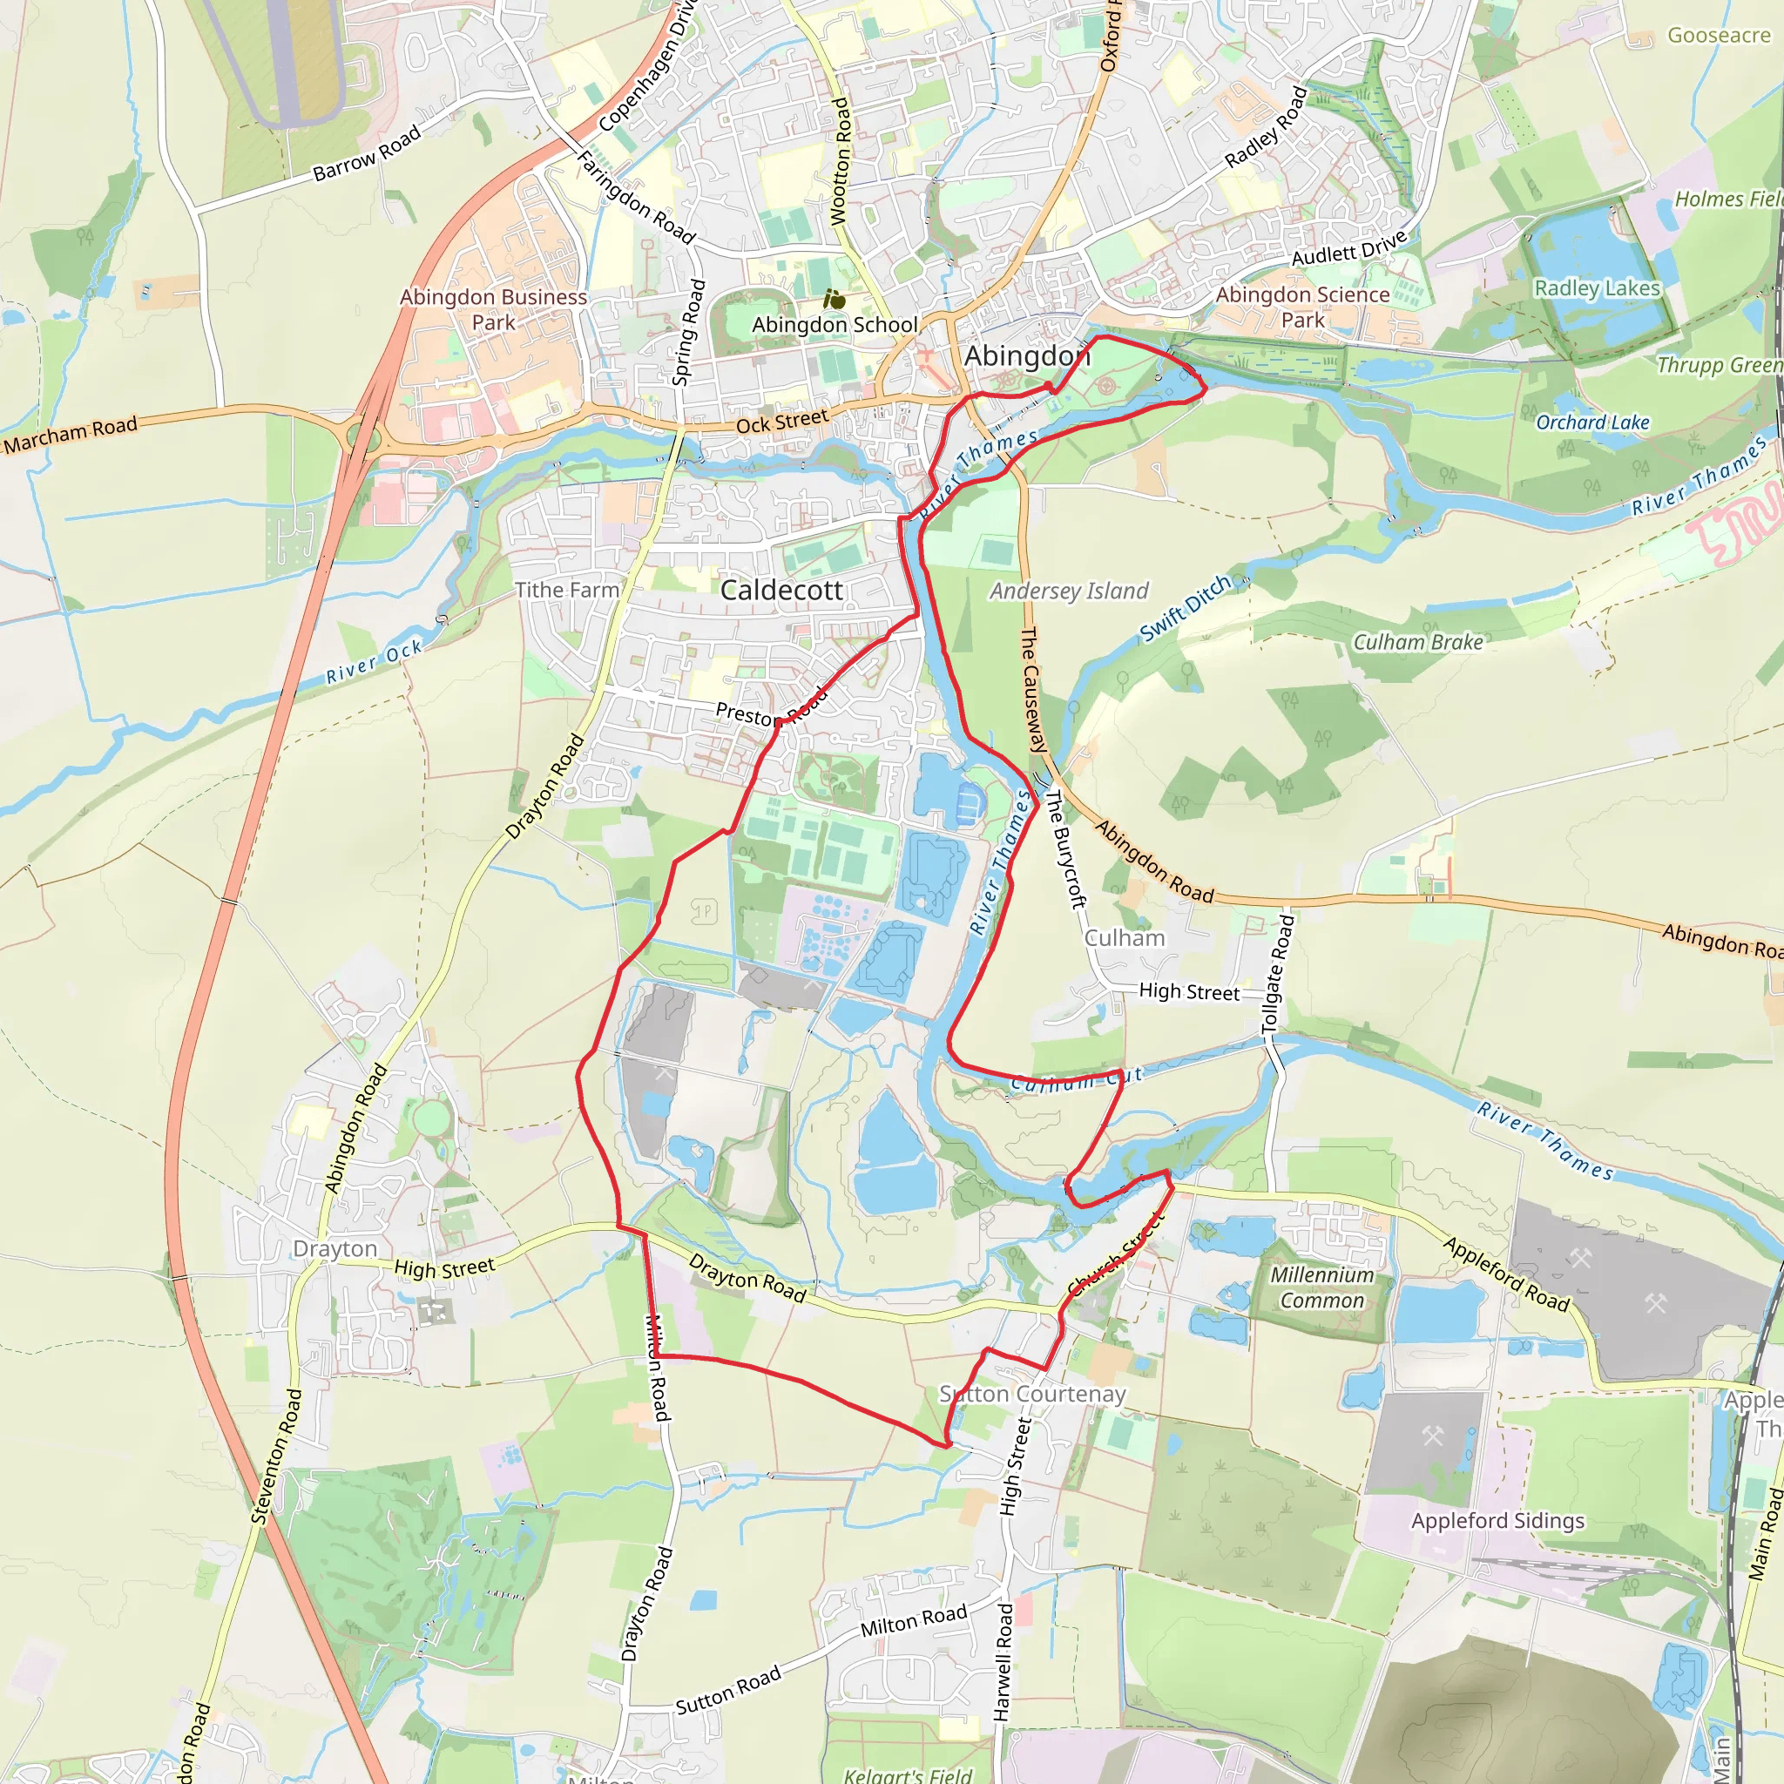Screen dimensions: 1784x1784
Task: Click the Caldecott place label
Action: [781, 590]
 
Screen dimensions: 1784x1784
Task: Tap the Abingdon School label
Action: [835, 324]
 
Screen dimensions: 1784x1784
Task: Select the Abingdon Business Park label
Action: [493, 309]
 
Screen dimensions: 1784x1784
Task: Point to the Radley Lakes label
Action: [1597, 288]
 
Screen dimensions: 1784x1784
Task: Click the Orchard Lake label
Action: [1592, 422]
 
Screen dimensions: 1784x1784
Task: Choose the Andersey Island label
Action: [1070, 591]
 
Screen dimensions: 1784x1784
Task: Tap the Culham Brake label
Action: [1417, 642]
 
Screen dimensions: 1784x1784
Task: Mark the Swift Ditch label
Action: [1186, 608]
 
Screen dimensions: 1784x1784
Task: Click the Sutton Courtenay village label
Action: [1032, 1394]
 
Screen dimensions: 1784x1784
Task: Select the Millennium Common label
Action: [1321, 1287]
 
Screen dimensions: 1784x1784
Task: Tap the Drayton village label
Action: [334, 1248]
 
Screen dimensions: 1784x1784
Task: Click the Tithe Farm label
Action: [567, 590]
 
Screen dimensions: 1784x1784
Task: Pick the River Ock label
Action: [374, 661]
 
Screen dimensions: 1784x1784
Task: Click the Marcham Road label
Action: [71, 434]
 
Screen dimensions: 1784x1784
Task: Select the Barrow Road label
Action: [367, 153]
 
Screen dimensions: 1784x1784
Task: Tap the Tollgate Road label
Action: [1279, 974]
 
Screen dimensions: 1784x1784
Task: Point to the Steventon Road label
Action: [276, 1456]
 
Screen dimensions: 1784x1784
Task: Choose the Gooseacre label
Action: [1719, 35]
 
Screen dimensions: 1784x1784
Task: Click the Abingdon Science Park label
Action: [1302, 307]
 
